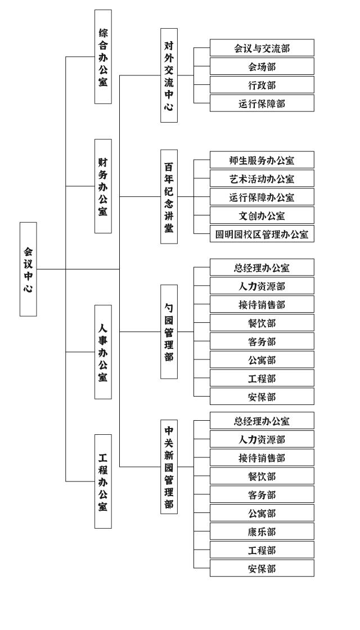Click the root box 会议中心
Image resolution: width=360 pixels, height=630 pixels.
click(28, 269)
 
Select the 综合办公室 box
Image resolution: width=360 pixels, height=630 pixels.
click(103, 57)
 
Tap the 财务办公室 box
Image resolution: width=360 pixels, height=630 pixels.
click(103, 186)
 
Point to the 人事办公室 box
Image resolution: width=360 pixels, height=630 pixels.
click(103, 352)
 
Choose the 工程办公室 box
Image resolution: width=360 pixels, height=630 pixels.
click(103, 481)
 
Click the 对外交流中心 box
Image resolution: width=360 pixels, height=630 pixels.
click(169, 75)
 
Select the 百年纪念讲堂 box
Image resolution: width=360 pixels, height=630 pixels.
click(169, 196)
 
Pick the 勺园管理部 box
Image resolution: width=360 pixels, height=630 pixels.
click(169, 332)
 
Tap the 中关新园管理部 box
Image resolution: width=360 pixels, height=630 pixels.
click(169, 467)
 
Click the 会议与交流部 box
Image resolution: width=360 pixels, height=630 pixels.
click(262, 48)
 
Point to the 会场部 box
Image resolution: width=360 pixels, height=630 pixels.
click(262, 66)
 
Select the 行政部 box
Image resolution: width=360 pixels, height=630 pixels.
click(262, 85)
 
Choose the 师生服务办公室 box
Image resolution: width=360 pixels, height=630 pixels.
click(262, 160)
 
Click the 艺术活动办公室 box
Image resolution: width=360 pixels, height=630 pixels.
click(262, 178)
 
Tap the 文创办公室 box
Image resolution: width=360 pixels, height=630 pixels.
click(262, 215)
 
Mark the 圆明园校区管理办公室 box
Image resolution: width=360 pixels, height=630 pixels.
click(262, 234)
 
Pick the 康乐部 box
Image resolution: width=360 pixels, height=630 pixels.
click(262, 532)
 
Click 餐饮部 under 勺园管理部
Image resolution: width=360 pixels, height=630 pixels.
click(262, 323)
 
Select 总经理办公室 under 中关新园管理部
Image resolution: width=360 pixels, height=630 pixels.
click(262, 421)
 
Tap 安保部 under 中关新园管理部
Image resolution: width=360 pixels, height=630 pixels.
click(262, 569)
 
